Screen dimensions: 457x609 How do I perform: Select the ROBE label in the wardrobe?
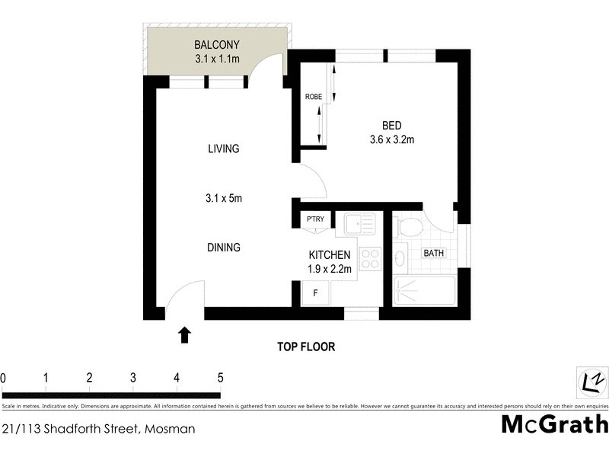[x=313, y=97]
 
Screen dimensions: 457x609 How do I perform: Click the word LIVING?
[x=224, y=149]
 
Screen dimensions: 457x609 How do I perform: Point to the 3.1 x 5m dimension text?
[x=224, y=199]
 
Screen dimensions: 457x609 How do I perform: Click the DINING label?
[x=224, y=248]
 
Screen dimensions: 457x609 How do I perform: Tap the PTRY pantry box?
[x=315, y=220]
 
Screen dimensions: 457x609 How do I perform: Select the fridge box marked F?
[x=315, y=292]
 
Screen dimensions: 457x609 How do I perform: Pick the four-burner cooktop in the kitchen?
[x=369, y=259]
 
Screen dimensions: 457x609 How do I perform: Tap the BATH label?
[x=434, y=253]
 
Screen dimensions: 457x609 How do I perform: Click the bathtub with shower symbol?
[x=425, y=291]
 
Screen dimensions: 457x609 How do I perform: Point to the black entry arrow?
[x=183, y=335]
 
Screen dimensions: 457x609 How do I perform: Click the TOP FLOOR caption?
[x=306, y=347]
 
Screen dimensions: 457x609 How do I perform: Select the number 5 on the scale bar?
[x=220, y=377]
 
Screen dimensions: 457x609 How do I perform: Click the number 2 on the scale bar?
[x=90, y=377]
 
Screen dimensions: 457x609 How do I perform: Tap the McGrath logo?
[x=554, y=424]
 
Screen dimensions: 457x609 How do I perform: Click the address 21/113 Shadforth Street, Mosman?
[x=98, y=429]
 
